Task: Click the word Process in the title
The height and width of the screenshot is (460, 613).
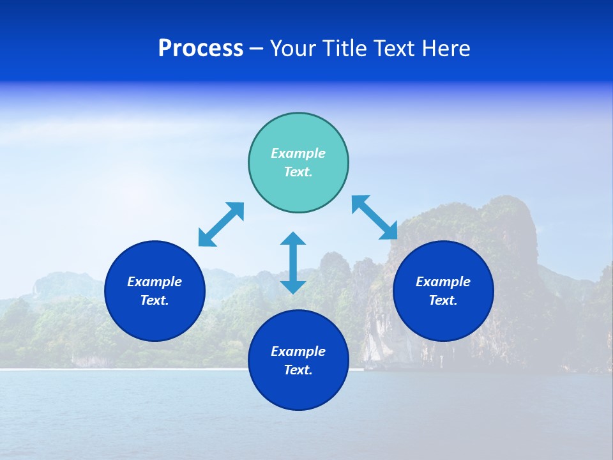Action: (x=201, y=49)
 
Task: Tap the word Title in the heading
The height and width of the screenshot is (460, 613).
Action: (x=347, y=49)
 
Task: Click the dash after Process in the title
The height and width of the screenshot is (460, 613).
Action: (x=257, y=50)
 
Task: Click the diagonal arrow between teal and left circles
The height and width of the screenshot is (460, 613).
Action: (x=221, y=224)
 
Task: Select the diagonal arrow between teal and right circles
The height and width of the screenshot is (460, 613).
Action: (x=375, y=217)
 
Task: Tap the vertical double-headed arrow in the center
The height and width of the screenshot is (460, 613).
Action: (x=293, y=263)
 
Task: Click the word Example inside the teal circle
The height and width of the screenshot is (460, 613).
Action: (x=298, y=153)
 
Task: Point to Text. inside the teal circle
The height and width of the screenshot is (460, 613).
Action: (x=298, y=172)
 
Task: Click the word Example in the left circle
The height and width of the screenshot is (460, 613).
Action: (x=155, y=282)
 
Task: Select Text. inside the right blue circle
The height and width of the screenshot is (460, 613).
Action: (x=443, y=300)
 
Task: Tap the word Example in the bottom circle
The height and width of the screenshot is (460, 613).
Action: (x=298, y=351)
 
